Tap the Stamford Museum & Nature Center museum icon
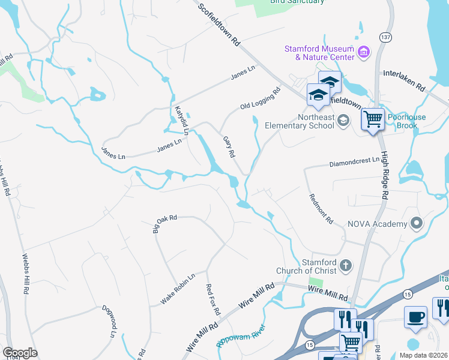pyautogui.click(x=364, y=53)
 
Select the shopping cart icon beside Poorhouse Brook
pyautogui.click(x=373, y=119)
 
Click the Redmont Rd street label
pyautogui.click(x=321, y=209)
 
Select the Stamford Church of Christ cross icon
pyautogui.click(x=345, y=265)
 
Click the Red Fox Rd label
pyautogui.click(x=213, y=300)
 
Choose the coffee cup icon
pyautogui.click(x=415, y=317)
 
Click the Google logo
pyautogui.click(x=20, y=352)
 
